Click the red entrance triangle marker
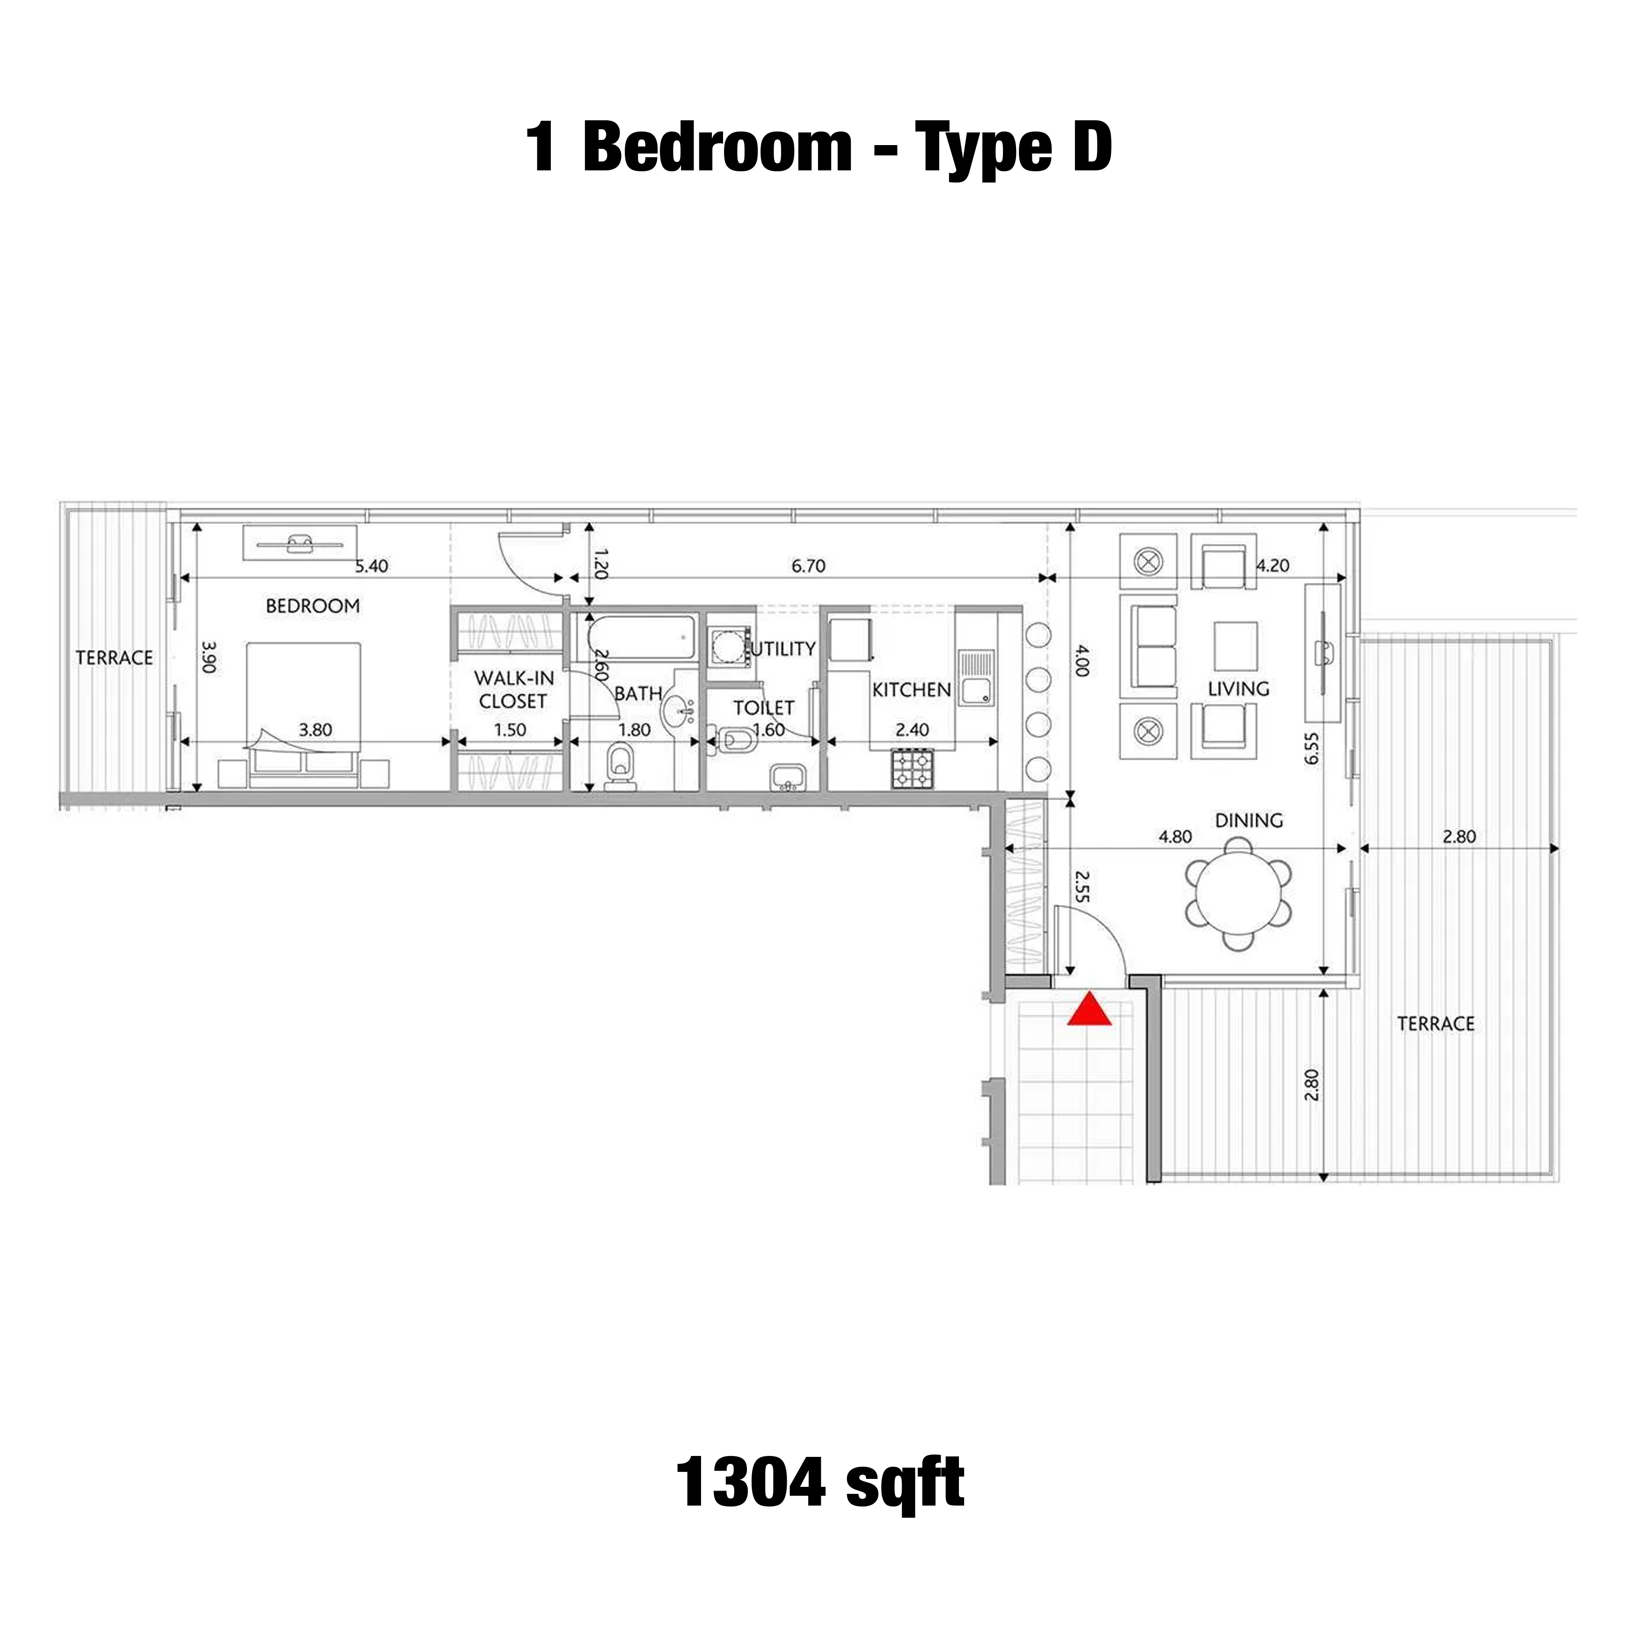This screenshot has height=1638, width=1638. coord(1089,1010)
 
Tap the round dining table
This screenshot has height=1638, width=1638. coord(1239,893)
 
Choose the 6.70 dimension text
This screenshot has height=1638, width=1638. coord(808,565)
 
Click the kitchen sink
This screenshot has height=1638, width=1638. coord(976,677)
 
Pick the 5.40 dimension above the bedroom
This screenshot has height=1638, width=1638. coord(371,565)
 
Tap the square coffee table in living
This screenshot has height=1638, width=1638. coord(1235,646)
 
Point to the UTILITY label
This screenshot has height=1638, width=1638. coord(781,649)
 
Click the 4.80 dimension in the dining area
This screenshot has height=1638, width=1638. coord(1175,836)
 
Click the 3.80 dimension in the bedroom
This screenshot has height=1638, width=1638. coord(315,729)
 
